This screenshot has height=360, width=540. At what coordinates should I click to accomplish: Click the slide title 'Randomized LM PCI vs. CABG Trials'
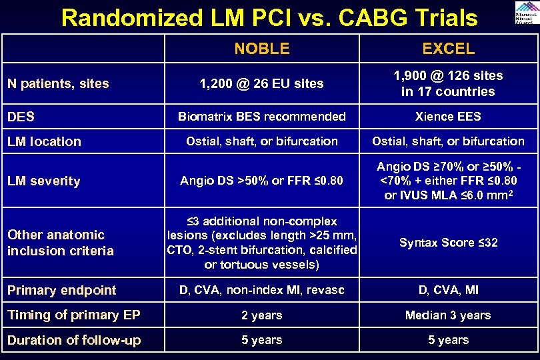pos(269,17)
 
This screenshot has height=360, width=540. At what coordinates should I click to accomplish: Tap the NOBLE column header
pos(262,49)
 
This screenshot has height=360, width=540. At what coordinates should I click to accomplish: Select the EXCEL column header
pos(448,49)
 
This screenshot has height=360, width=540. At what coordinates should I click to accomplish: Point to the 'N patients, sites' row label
pos(58,83)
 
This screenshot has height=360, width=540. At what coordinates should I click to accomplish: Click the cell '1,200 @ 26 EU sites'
pos(262,83)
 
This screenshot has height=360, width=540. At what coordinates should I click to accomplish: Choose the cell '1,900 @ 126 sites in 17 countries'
pos(448,83)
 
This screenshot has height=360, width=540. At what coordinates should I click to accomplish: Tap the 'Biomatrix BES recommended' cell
pos(262,117)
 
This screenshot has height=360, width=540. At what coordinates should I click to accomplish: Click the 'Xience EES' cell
pos(448,117)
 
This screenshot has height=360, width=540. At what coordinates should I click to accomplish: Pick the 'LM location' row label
pos(44,141)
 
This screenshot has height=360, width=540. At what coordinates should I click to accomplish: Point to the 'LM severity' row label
pos(44,181)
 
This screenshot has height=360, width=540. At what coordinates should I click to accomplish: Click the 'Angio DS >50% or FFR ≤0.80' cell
pos(262,181)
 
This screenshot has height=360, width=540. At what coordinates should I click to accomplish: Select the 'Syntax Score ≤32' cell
pos(448,243)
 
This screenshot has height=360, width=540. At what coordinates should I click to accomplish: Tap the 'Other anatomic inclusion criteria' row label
pos(61,243)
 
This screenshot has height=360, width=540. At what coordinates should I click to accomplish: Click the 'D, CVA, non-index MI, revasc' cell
pos(262,290)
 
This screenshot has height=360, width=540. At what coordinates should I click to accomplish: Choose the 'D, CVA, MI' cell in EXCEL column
pos(448,290)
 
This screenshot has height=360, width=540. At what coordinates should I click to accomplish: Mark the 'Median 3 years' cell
pos(448,315)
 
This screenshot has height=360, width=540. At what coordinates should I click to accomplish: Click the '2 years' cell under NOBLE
pos(262,315)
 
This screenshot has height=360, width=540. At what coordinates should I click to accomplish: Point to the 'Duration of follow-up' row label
pos(74,340)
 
